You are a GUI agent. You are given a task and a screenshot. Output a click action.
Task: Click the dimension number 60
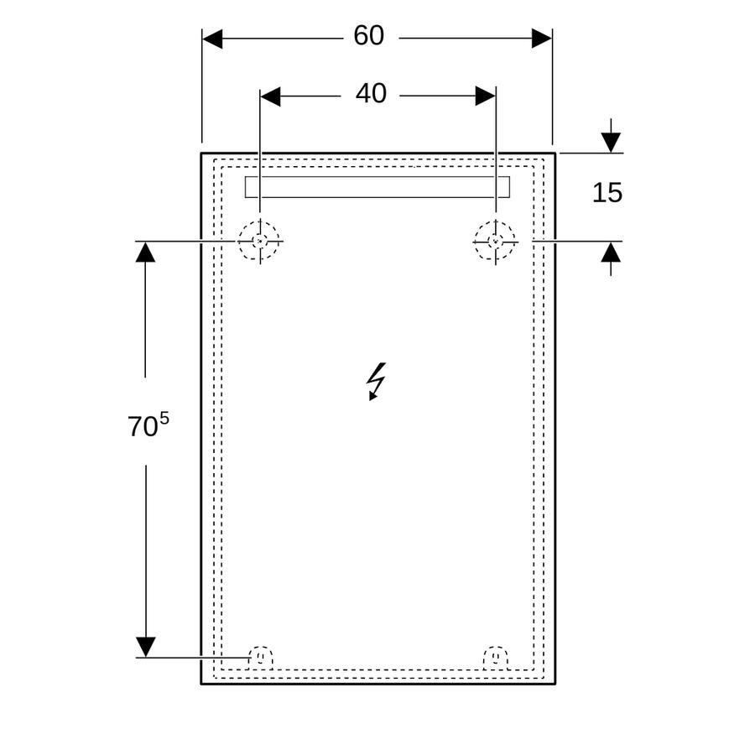point(369,35)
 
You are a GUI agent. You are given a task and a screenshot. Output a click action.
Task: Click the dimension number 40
point(371,93)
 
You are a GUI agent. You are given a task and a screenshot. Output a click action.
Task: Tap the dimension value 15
point(607,193)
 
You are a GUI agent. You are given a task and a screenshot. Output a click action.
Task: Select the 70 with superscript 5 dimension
point(148,425)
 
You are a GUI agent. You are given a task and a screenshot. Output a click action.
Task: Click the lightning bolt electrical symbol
point(376,381)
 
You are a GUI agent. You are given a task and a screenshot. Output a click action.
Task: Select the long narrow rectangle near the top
point(377,187)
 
